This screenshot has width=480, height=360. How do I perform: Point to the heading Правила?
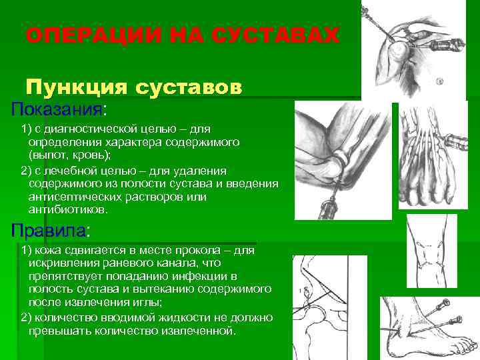pyautogui.click(x=49, y=231)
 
